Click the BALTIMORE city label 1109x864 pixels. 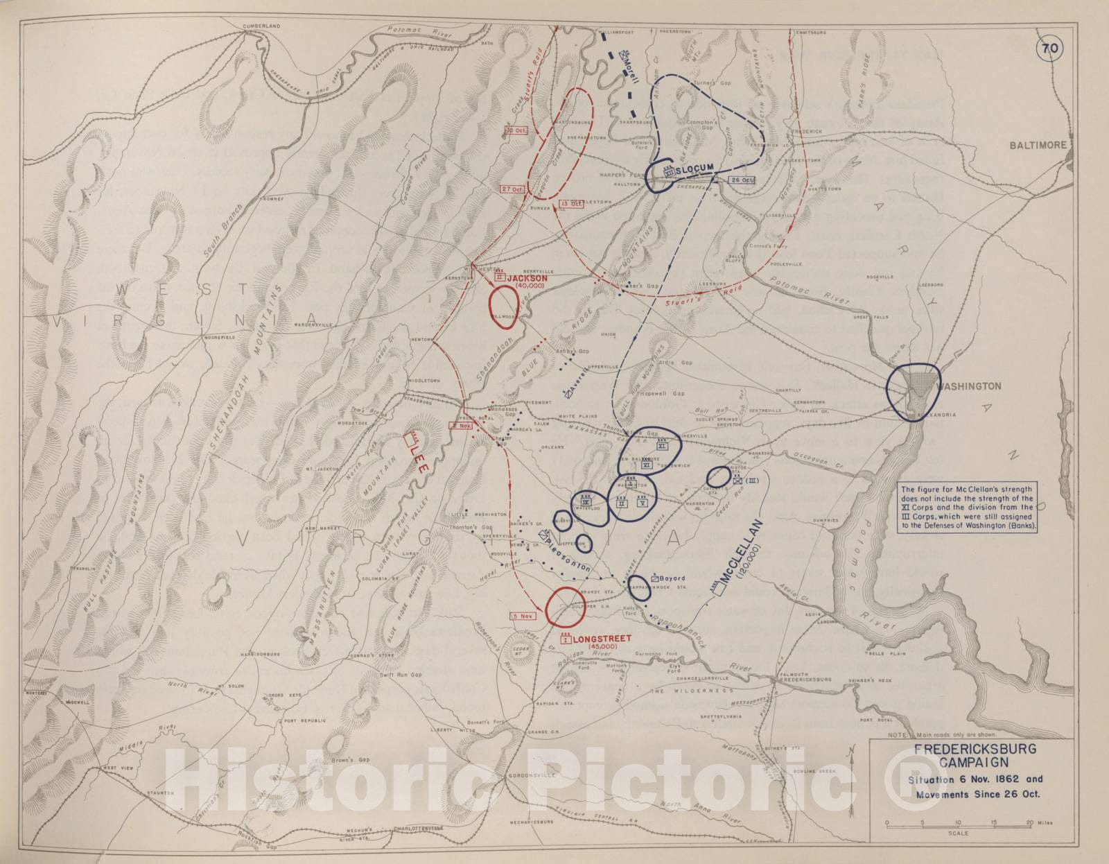(x=1038, y=145)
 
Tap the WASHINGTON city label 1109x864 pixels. (x=969, y=386)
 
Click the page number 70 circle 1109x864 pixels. (x=1049, y=49)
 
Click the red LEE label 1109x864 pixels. (x=418, y=459)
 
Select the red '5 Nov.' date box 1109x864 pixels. (x=523, y=615)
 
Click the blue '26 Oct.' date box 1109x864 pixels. (x=741, y=180)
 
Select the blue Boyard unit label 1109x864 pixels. (x=672, y=578)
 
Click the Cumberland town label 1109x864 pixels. (x=261, y=26)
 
